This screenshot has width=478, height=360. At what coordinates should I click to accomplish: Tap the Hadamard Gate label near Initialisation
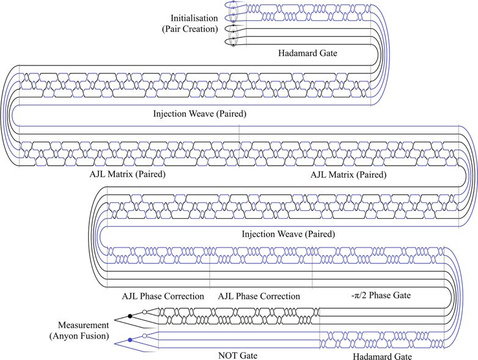click(x=308, y=54)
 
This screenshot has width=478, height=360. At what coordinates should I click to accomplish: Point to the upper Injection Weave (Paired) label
click(x=199, y=113)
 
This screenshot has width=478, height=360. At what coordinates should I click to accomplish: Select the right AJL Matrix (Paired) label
click(x=348, y=174)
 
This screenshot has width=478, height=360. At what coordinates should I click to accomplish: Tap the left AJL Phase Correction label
click(x=163, y=296)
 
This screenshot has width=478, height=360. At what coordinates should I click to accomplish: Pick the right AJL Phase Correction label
click(x=259, y=296)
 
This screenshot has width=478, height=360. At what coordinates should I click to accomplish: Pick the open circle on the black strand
click(x=144, y=312)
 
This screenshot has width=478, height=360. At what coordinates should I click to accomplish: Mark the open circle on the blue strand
click(x=144, y=336)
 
